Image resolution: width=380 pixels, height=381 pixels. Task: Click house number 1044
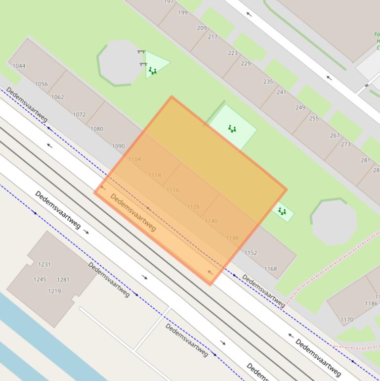tap(19, 66)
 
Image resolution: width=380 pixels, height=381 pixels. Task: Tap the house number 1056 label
tap(42, 84)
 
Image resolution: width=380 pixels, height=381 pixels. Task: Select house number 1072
tap(79, 114)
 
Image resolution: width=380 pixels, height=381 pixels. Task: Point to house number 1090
tap(118, 146)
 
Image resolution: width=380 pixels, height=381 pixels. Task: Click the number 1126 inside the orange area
tap(193, 207)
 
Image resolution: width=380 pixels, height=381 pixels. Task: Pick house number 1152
tap(251, 253)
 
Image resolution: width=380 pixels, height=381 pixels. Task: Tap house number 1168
tap(270, 269)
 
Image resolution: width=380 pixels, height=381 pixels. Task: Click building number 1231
tap(44, 265)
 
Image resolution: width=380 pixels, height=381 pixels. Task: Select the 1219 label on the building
tap(54, 291)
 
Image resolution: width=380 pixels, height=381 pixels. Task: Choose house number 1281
tap(63, 280)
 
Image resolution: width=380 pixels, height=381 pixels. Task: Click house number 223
tap(232, 53)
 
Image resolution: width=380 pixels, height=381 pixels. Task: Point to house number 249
tap(300, 107)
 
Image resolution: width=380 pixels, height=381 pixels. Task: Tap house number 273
tap(345, 144)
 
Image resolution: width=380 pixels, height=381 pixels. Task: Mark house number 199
tap(183, 13)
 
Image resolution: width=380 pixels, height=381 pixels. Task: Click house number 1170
tap(347, 320)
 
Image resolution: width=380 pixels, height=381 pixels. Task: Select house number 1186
tap(371, 303)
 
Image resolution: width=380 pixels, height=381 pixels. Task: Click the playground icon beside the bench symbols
tap(153, 71)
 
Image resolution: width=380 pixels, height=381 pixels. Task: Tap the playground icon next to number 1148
tap(282, 211)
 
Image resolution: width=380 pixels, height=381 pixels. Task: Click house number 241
tap(281, 92)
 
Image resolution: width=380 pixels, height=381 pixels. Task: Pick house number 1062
tap(57, 97)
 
